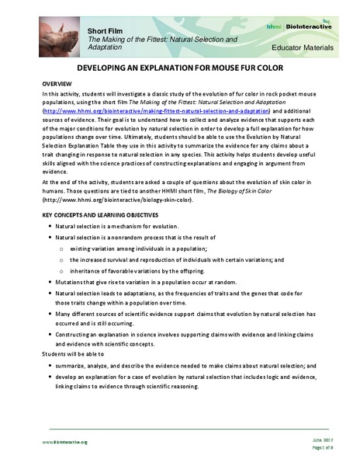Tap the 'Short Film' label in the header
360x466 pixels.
pos(106,29)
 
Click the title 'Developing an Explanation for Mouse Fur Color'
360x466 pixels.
pos(180,68)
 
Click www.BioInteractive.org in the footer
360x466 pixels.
pos(65,441)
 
